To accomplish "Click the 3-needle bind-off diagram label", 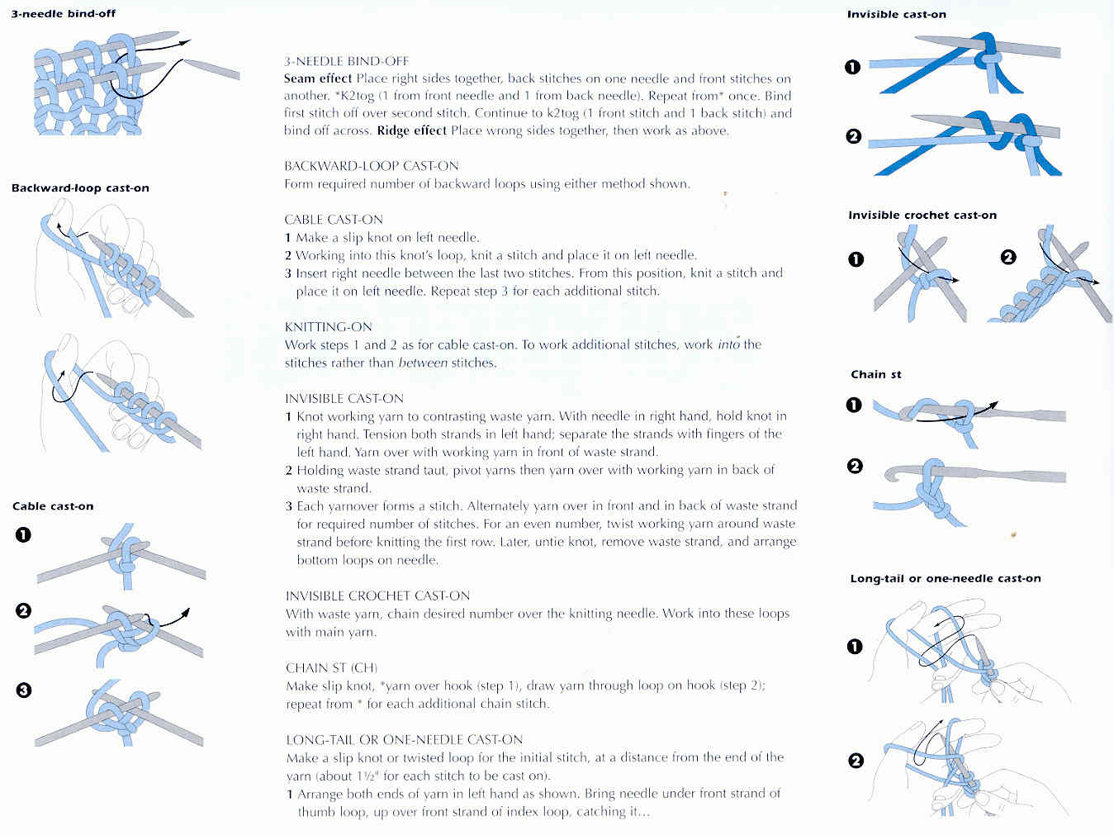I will (x=63, y=13).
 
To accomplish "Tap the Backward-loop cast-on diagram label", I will (x=80, y=187).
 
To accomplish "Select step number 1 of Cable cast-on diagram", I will (x=23, y=534).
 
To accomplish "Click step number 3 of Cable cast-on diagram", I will (x=24, y=689).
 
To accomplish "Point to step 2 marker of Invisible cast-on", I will (x=854, y=136).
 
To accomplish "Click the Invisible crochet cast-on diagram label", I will (x=922, y=215).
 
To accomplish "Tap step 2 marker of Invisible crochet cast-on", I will (x=1008, y=257).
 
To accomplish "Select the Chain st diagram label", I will (x=875, y=374).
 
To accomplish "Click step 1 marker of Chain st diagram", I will (x=854, y=405).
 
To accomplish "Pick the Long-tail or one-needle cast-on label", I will (x=945, y=578).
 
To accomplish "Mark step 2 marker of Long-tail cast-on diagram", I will (x=856, y=761).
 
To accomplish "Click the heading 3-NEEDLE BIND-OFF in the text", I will (x=346, y=61).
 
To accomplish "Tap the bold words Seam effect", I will (x=318, y=78).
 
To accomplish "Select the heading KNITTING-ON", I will (x=328, y=326).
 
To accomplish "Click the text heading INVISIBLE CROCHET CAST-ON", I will (x=377, y=595).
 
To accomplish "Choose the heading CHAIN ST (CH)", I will (x=331, y=667).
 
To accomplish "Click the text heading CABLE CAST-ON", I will (x=334, y=219).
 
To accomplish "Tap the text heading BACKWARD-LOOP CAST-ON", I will (x=371, y=166).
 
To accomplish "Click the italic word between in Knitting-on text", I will (x=423, y=363).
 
